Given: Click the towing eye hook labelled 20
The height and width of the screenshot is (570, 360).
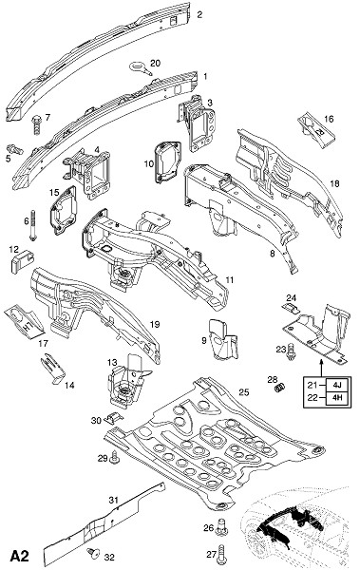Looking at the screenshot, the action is [140, 68].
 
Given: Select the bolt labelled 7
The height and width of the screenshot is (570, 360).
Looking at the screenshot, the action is [37, 124].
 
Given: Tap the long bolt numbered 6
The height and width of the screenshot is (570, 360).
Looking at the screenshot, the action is [33, 225].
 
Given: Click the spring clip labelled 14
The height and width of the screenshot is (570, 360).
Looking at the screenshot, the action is [53, 369].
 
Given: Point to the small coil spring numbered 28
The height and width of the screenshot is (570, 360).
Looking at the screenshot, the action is [279, 388].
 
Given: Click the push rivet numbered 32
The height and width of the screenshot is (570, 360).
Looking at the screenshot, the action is [94, 553].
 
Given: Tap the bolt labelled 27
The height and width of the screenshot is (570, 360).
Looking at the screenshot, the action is [221, 556].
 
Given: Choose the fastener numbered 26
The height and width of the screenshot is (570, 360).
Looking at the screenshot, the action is [221, 526].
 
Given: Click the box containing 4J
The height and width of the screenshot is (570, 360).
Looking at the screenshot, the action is [338, 384].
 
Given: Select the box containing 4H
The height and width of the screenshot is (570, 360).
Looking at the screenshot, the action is [338, 398].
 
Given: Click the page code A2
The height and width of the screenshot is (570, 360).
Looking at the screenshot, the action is [20, 556].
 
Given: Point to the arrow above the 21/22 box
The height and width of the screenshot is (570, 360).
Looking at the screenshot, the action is [321, 367].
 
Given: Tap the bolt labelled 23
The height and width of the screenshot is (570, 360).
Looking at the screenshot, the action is [290, 351].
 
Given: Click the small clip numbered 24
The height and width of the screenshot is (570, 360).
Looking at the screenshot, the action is [292, 309].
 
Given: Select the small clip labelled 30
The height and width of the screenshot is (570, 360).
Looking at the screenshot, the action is [113, 418].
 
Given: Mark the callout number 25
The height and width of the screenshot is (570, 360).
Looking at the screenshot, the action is [244, 392].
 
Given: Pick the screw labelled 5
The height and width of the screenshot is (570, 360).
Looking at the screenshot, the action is [15, 149].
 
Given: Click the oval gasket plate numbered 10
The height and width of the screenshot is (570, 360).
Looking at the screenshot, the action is [168, 161].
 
